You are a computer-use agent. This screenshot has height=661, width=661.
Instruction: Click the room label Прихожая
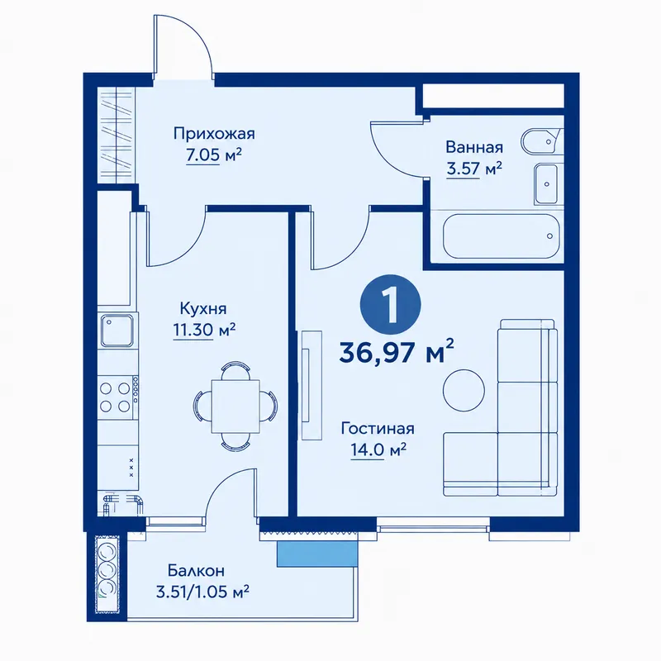(214, 134)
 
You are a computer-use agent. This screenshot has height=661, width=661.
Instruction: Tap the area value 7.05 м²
(214, 155)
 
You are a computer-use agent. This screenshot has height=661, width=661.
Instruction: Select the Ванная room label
(474, 148)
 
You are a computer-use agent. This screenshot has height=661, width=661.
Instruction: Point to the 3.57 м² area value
(474, 169)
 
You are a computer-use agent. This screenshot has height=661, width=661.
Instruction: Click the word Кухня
(203, 308)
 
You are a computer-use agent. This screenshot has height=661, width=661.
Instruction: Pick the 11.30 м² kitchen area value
(204, 330)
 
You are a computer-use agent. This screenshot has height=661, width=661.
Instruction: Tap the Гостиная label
(378, 429)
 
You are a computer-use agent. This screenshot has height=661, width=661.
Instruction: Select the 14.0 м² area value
(378, 449)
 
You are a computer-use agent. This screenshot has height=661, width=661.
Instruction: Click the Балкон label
(196, 571)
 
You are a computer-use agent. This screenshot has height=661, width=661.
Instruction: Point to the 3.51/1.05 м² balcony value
(202, 592)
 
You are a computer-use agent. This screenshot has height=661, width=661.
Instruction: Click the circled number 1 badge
(390, 305)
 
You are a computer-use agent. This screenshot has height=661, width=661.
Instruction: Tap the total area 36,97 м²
(397, 352)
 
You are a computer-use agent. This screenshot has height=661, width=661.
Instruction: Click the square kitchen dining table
(235, 406)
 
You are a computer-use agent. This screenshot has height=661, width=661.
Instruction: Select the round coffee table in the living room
(464, 390)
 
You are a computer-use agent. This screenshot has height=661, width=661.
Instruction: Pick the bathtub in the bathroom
(502, 236)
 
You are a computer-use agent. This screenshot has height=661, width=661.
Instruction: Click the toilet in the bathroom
(542, 142)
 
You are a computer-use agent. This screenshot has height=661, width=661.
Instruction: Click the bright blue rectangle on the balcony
(314, 553)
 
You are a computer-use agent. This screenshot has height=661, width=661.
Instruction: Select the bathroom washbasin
(548, 183)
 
